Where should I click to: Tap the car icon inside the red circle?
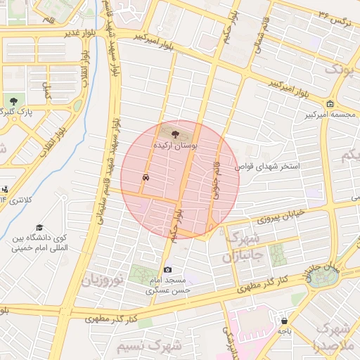[x=146, y=178]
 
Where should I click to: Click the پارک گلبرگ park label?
[x=15, y=112]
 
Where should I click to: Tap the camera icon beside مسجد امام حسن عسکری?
[x=167, y=270]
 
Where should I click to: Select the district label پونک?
[x=336, y=70]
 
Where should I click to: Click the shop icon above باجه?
[x=284, y=319]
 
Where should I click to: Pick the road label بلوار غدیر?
[x=60, y=33]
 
